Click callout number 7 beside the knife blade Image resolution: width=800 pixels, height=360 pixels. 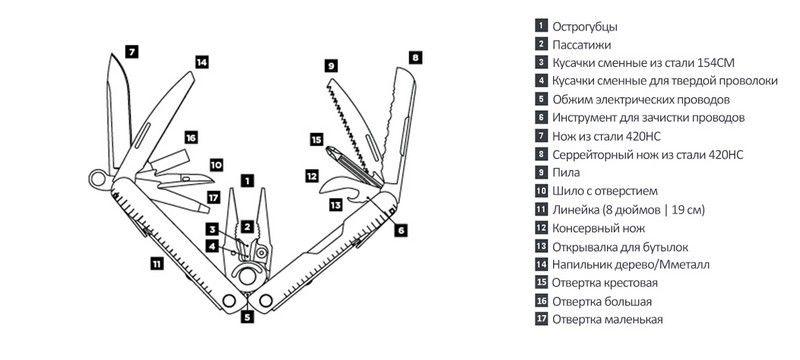(131, 52)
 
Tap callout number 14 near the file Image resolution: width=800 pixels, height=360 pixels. (202, 62)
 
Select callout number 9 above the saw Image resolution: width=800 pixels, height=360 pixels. (331, 66)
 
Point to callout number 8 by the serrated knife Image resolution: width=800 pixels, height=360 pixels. (416, 58)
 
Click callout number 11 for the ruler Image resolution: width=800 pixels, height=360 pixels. (157, 263)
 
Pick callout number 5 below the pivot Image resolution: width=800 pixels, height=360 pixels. (247, 317)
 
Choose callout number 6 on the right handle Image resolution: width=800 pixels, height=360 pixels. (401, 230)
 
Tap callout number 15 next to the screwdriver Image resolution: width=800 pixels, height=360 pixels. (316, 139)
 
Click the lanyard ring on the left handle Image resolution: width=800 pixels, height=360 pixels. (97, 178)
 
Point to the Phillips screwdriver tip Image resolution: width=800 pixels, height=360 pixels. (332, 150)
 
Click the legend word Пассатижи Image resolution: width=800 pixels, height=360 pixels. (582, 44)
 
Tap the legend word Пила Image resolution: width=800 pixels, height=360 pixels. (566, 172)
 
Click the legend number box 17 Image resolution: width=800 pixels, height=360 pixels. (541, 319)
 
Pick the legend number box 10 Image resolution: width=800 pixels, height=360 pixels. (541, 191)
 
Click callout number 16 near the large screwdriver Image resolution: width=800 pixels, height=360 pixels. (191, 138)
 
